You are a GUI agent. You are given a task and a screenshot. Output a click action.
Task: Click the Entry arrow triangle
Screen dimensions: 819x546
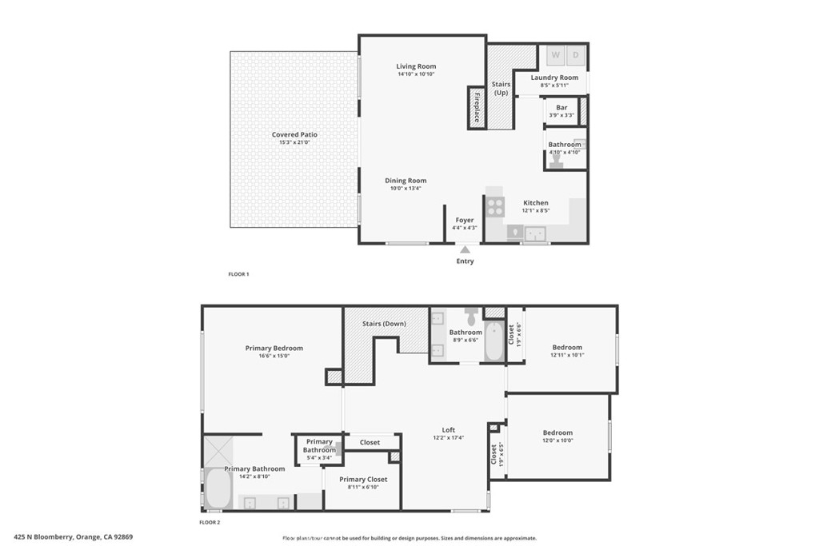pos(465,249)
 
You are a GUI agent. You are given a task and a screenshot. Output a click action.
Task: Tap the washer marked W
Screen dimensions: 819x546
pos(555,55)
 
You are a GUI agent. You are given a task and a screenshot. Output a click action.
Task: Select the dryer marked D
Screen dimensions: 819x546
pos(575,55)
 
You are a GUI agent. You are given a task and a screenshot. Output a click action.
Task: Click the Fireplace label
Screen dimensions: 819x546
pos(477,108)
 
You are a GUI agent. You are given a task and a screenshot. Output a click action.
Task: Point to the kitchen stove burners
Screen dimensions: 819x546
pos(495,206)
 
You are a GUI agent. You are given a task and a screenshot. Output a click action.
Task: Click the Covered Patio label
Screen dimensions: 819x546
pos(294,134)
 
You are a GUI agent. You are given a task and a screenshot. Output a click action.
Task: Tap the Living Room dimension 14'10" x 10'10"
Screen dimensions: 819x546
pos(416,74)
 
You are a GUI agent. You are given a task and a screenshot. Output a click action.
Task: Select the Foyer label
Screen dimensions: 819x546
pos(465,221)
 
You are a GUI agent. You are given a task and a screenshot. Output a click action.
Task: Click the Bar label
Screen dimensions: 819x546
pos(561,108)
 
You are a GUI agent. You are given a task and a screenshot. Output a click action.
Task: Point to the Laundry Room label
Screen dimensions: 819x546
pos(554,78)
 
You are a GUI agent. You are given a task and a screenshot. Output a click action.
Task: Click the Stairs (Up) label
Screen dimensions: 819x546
pos(501,88)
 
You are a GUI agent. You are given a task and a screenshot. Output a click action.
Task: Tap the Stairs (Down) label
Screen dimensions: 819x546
pos(384,324)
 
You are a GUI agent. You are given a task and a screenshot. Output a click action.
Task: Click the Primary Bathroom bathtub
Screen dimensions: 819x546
pos(218,488)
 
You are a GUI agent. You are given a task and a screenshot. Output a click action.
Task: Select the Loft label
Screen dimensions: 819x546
pos(449,429)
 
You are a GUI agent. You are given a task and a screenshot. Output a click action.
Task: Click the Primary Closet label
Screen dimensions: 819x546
pos(363,479)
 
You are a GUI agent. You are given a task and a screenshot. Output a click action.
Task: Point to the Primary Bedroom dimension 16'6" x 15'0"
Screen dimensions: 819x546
pos(274,356)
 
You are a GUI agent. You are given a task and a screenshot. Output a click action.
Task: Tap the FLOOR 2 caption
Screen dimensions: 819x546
pos(210,522)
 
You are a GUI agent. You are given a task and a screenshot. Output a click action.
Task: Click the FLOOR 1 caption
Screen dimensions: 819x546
pos(238,274)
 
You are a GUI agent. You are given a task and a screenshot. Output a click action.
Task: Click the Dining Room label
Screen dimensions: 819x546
pos(406,181)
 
